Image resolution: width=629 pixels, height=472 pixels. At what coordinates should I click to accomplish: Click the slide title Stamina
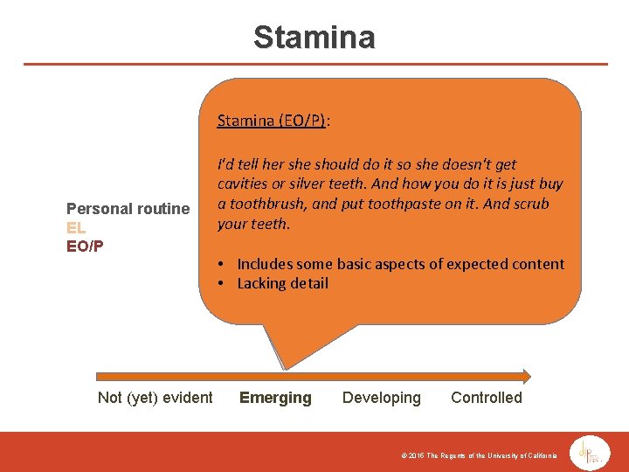pyautogui.click(x=314, y=38)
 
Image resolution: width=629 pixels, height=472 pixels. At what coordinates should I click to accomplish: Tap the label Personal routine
pyautogui.click(x=128, y=208)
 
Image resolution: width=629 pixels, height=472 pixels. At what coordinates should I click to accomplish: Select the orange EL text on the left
pyautogui.click(x=76, y=227)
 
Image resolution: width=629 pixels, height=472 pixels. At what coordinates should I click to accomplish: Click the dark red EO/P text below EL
pyautogui.click(x=85, y=246)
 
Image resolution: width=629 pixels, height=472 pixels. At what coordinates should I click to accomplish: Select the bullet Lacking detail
pyautogui.click(x=282, y=283)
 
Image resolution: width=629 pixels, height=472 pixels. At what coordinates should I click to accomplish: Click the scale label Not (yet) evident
pyautogui.click(x=156, y=398)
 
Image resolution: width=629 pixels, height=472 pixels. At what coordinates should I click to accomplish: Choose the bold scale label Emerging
pyautogui.click(x=275, y=398)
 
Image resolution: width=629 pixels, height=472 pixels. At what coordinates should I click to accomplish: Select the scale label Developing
pyautogui.click(x=382, y=398)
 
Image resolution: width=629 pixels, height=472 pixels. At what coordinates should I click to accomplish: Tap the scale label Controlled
pyautogui.click(x=487, y=398)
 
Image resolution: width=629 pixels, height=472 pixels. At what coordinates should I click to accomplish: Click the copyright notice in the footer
pyautogui.click(x=479, y=456)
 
